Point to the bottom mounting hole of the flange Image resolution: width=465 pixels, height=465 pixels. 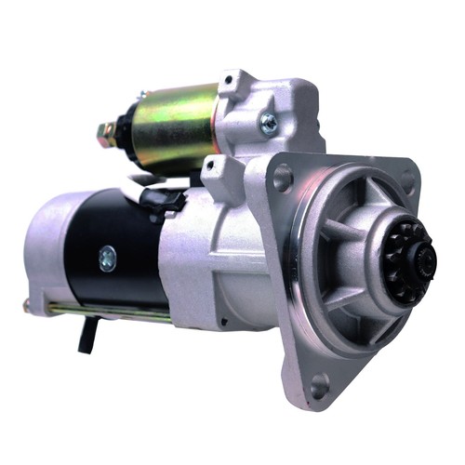tap(320, 380)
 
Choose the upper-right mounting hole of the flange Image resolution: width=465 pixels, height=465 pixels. tap(408, 178)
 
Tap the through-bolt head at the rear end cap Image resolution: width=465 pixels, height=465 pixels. tap(27, 304)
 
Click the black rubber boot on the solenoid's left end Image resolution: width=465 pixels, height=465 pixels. tap(122, 130)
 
